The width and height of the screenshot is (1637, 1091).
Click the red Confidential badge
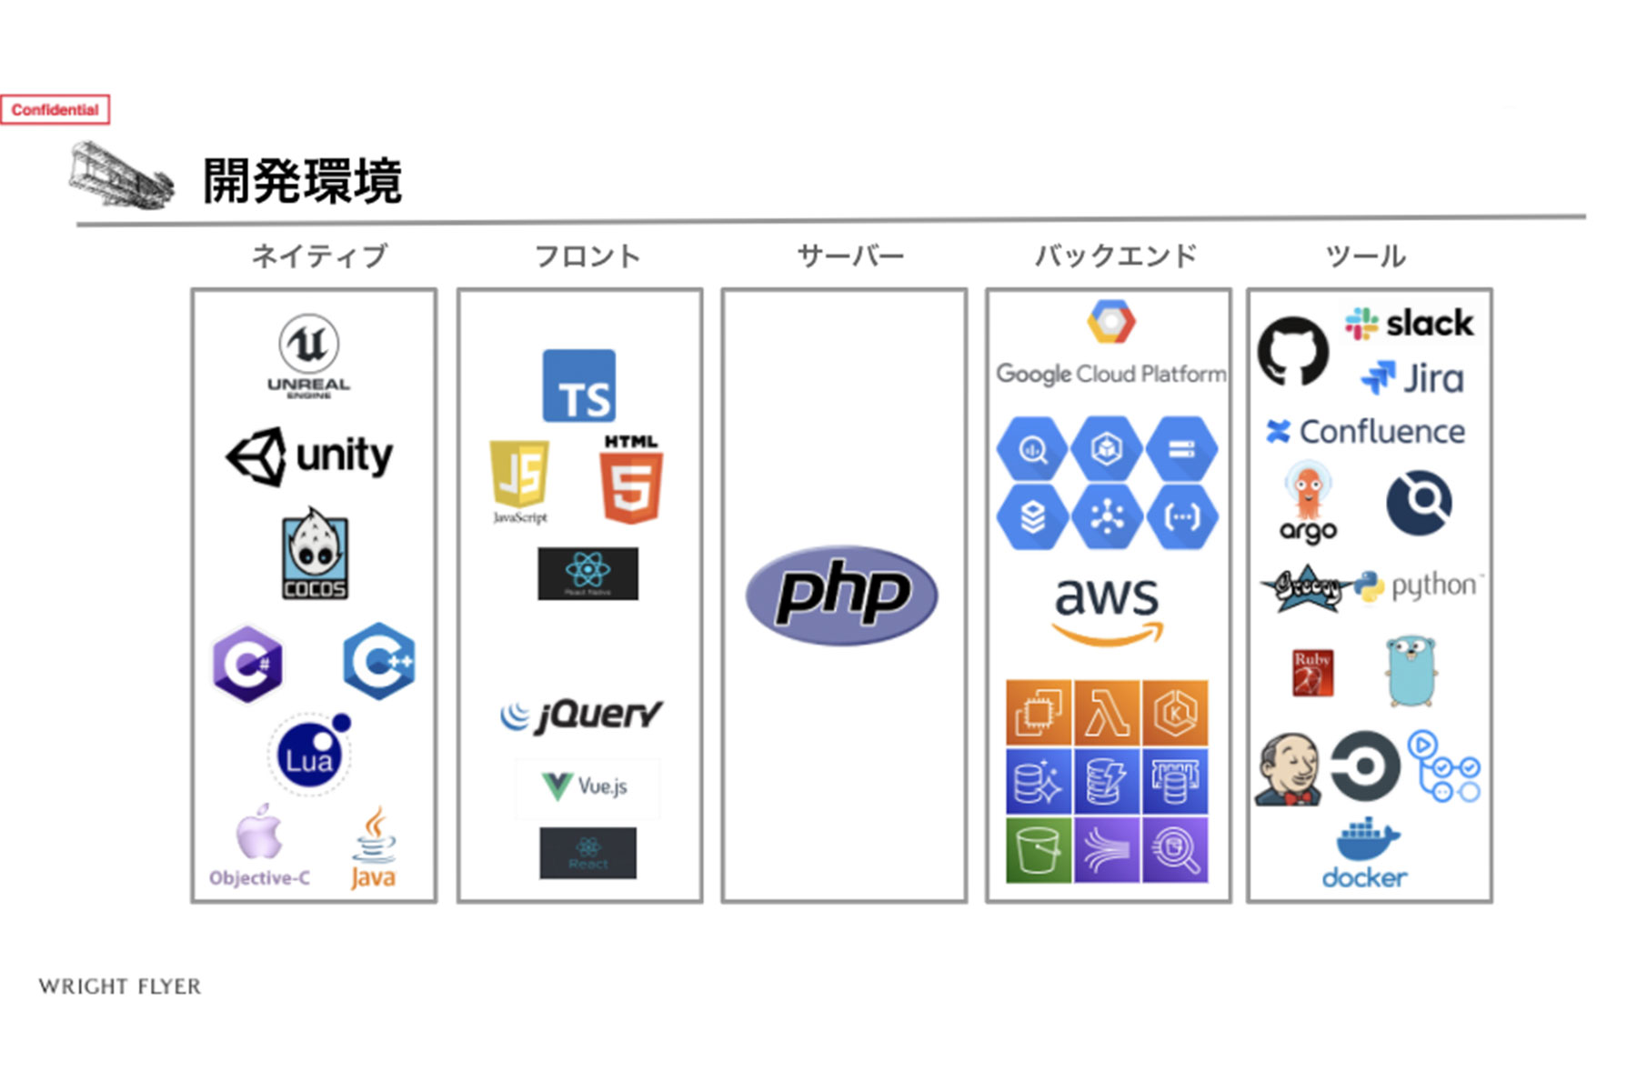click(x=55, y=110)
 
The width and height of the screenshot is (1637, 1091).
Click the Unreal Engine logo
click(x=309, y=355)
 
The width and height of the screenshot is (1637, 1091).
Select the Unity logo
click(x=310, y=455)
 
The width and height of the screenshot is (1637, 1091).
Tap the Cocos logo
click(x=314, y=554)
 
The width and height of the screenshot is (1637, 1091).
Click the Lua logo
click(x=310, y=755)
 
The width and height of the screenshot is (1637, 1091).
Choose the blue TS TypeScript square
click(x=579, y=386)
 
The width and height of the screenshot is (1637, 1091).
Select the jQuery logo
click(x=581, y=716)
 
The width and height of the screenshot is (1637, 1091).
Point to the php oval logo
click(x=841, y=596)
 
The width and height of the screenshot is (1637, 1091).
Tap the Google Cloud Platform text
click(x=1110, y=374)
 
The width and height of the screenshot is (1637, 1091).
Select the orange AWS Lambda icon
click(x=1107, y=713)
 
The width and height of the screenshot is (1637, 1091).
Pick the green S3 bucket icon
click(x=1039, y=850)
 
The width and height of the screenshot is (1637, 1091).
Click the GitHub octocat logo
click(x=1292, y=351)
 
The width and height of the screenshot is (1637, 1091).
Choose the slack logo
click(x=1409, y=324)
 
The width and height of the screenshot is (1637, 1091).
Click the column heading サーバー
click(x=850, y=256)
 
